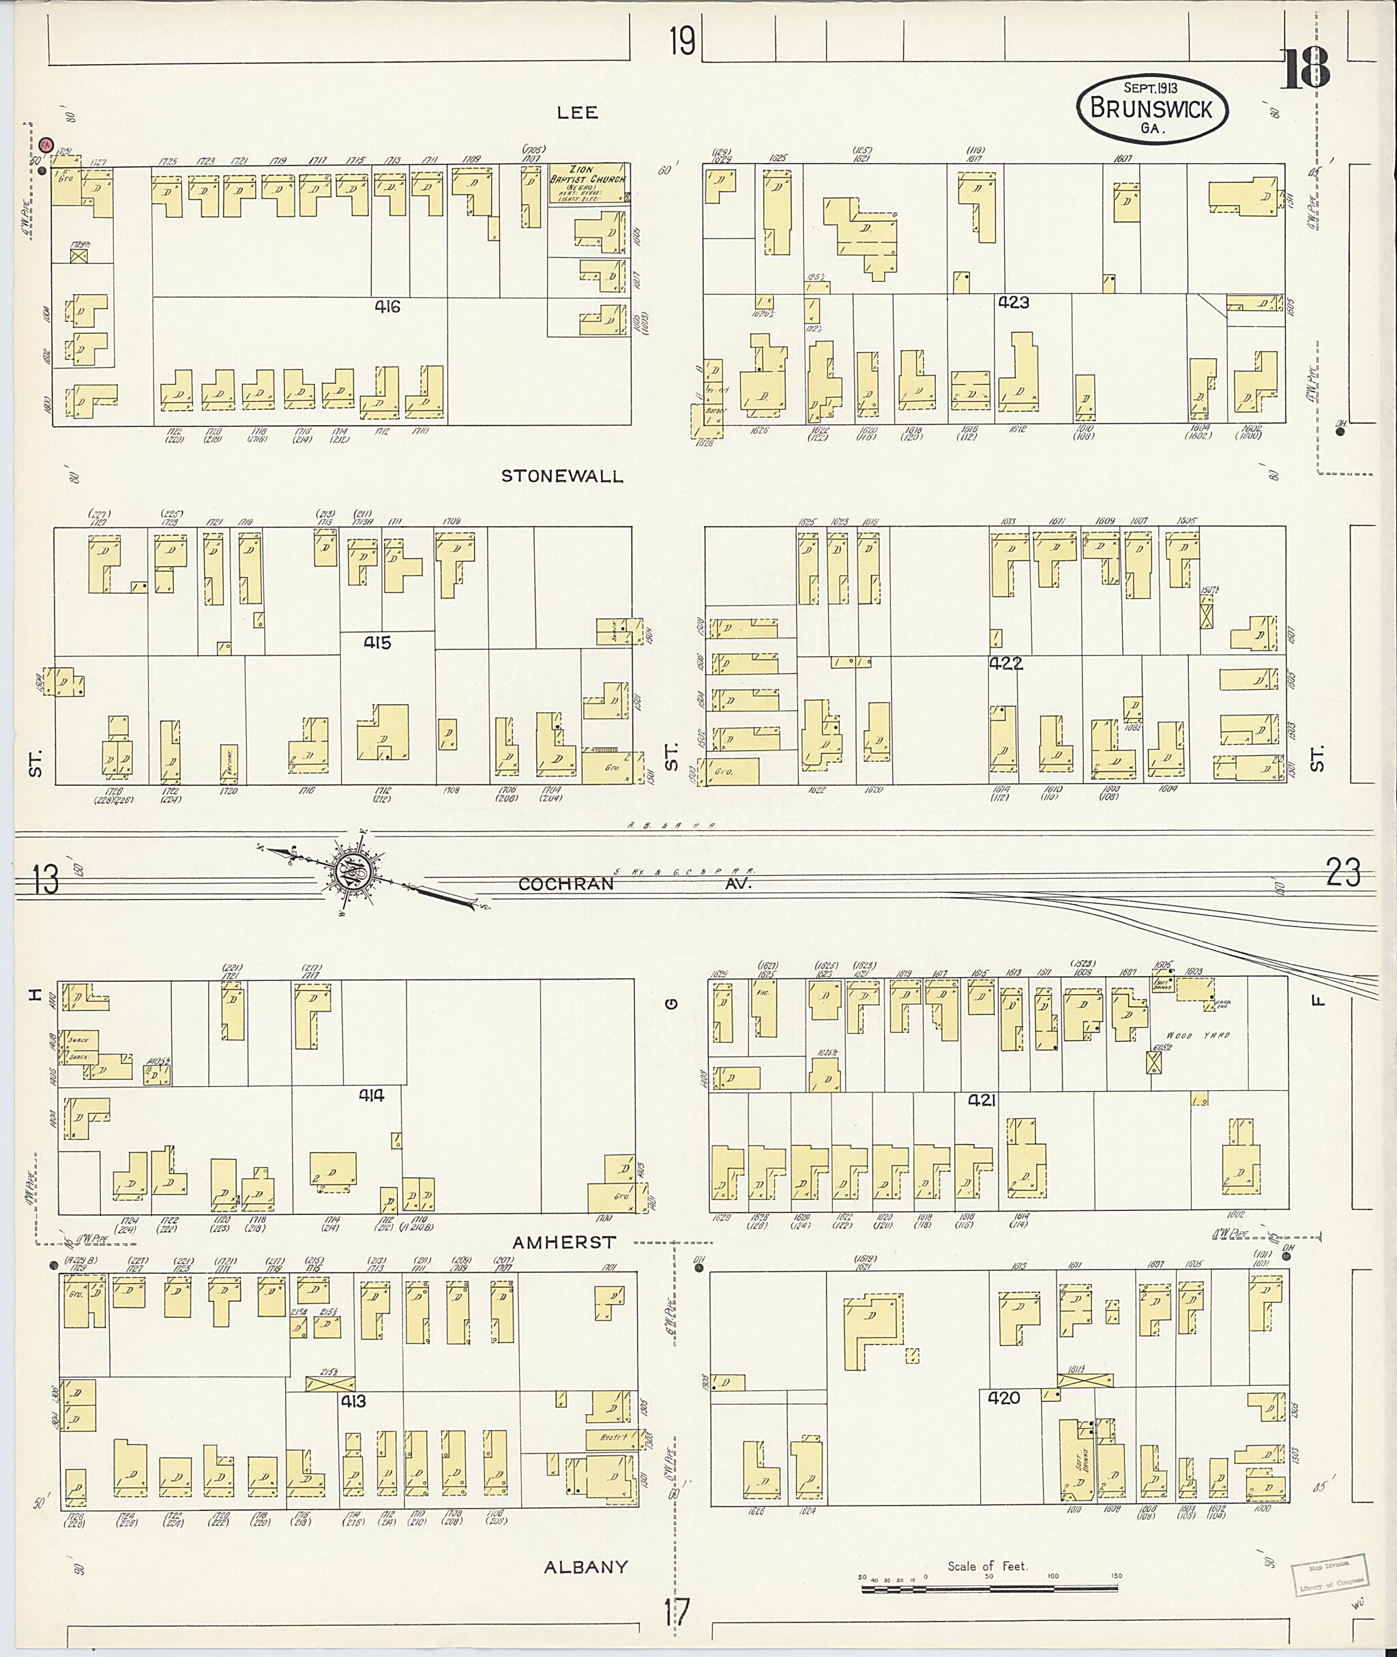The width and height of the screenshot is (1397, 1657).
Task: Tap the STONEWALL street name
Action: point(561,476)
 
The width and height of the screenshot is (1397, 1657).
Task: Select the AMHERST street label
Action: point(564,1243)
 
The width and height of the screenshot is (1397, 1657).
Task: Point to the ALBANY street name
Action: point(585,1568)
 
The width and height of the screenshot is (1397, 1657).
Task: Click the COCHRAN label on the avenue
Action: point(566,884)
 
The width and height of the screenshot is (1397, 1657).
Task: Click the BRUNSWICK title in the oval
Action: point(1151,109)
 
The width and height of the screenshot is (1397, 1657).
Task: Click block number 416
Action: point(387,306)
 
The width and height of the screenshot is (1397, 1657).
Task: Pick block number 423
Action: point(1013,302)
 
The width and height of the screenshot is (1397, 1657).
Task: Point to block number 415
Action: point(377,643)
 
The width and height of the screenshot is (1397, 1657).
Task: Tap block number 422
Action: point(1005,664)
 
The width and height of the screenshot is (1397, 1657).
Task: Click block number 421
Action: point(980,1100)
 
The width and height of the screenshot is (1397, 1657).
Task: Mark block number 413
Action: point(353,1401)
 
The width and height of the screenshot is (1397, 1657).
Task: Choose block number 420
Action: point(1003,1398)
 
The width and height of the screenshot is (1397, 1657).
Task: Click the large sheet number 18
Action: point(1307,70)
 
